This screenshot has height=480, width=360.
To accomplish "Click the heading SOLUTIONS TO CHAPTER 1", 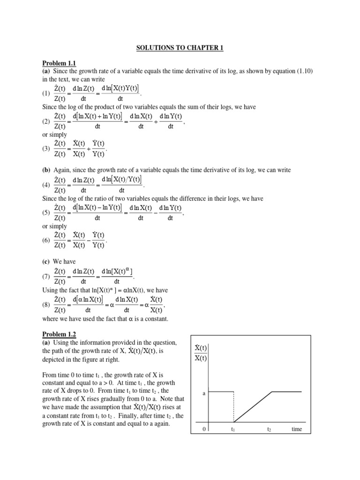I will pos(180,47).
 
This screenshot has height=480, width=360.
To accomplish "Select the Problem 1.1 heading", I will pos(59,64).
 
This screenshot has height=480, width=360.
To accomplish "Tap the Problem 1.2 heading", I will pos(59,334).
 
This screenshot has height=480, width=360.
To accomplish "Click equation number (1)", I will pos(46,93).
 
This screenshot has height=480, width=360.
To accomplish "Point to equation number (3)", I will pos(46,149).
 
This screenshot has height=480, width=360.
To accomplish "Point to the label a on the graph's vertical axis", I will pos(204,393).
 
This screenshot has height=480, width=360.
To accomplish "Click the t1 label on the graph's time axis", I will pos(233,429).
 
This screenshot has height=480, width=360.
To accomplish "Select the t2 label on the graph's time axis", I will pos(269,429).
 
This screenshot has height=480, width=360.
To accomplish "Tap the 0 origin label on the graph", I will pos(204,429).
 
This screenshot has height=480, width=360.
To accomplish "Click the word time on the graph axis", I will pos(297,429).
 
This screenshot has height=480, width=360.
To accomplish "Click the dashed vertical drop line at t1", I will pos(234,407).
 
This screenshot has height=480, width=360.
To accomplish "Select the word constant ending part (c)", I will pos(153,319).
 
